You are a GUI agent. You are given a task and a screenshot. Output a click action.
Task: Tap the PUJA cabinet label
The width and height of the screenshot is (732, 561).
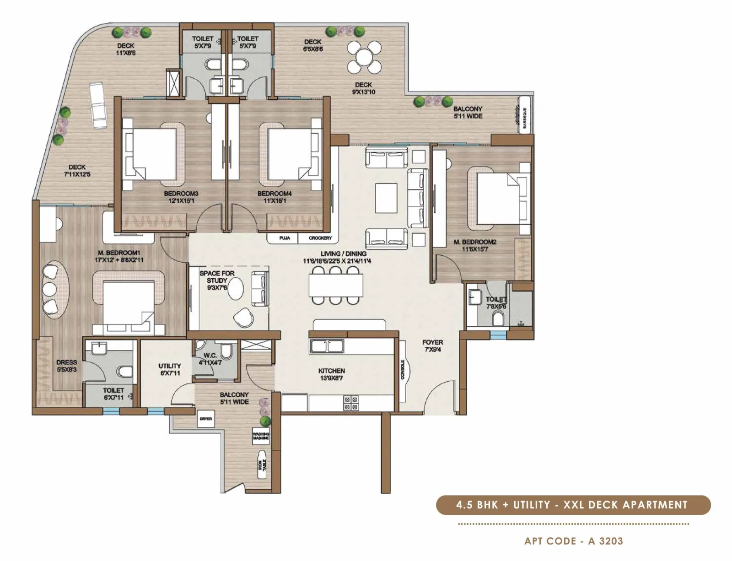click(x=285, y=238)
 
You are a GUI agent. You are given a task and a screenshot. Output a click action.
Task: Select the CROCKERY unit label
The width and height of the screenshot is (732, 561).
click(x=320, y=238)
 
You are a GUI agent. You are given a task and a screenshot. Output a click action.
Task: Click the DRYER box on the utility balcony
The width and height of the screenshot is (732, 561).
click(x=206, y=419)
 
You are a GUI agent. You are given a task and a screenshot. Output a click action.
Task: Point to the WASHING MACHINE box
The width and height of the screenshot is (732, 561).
click(x=261, y=436)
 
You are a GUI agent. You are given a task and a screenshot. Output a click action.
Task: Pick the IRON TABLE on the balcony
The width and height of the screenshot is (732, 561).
click(x=263, y=466)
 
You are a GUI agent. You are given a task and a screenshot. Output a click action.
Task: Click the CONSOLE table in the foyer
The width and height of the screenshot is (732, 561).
click(x=403, y=370)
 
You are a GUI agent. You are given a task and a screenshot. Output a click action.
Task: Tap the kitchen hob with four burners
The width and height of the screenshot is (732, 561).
click(x=351, y=403)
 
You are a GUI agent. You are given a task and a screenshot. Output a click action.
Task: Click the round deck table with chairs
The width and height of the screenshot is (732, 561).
click(x=364, y=57)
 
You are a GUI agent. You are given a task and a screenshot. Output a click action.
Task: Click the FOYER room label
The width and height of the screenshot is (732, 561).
click(x=432, y=345)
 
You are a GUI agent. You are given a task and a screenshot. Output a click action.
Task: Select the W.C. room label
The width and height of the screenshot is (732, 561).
click(x=210, y=358)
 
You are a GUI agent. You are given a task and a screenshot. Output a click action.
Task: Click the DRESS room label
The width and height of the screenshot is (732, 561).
click(x=67, y=365)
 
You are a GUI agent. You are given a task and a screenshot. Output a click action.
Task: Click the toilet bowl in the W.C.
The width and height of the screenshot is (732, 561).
click(x=226, y=351)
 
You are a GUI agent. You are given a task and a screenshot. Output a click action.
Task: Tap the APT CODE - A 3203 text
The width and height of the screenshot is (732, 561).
click(x=574, y=541)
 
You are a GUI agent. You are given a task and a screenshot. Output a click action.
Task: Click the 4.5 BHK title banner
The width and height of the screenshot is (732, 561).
click(x=573, y=505)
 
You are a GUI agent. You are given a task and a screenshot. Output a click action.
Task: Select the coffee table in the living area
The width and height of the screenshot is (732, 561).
click(x=387, y=197)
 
